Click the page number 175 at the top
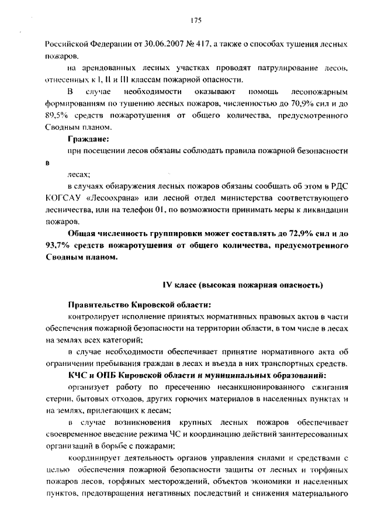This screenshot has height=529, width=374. (196, 20)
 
